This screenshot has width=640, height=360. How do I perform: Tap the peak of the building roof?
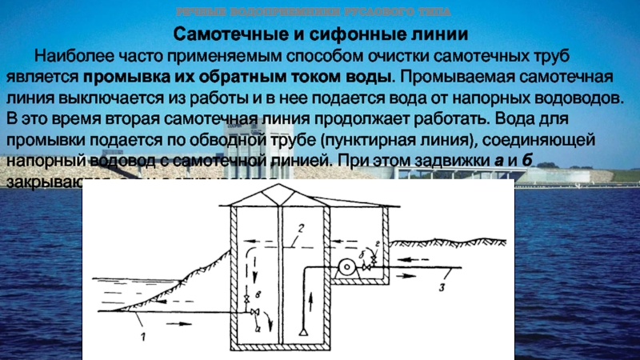click(277, 186)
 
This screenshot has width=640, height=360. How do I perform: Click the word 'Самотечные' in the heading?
click(228, 36)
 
